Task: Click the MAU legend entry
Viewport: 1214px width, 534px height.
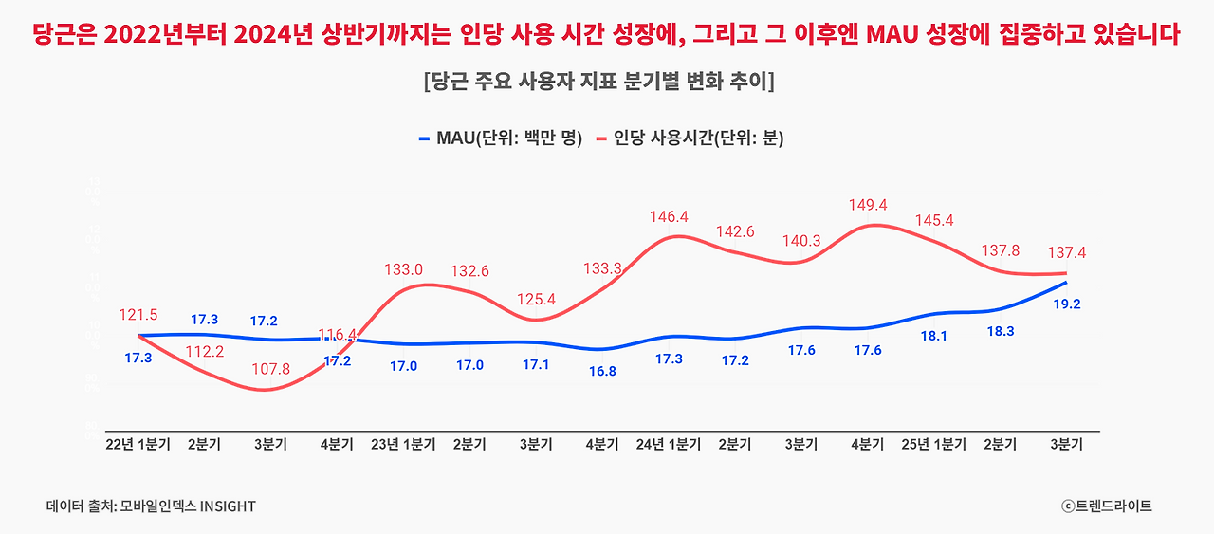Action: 500,138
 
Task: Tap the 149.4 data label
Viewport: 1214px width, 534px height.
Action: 868,205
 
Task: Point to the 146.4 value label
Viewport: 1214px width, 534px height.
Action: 669,217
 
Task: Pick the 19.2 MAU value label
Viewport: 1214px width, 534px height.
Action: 1067,304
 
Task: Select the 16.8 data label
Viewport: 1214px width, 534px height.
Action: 602,371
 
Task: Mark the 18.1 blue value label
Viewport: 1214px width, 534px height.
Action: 934,336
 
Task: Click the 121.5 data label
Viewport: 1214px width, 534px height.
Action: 138,315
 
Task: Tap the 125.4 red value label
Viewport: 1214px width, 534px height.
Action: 536,300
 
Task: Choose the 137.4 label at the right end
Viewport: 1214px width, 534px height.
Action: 1067,254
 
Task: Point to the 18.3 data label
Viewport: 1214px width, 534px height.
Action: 1001,331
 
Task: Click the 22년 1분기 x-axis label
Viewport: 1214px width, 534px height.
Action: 138,445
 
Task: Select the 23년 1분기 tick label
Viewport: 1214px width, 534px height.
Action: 403,445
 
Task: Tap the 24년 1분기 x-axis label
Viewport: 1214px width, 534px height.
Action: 669,445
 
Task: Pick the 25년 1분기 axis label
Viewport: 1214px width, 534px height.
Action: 934,445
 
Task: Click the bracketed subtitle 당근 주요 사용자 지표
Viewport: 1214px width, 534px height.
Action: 599,81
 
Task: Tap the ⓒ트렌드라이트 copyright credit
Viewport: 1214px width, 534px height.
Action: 1107,506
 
